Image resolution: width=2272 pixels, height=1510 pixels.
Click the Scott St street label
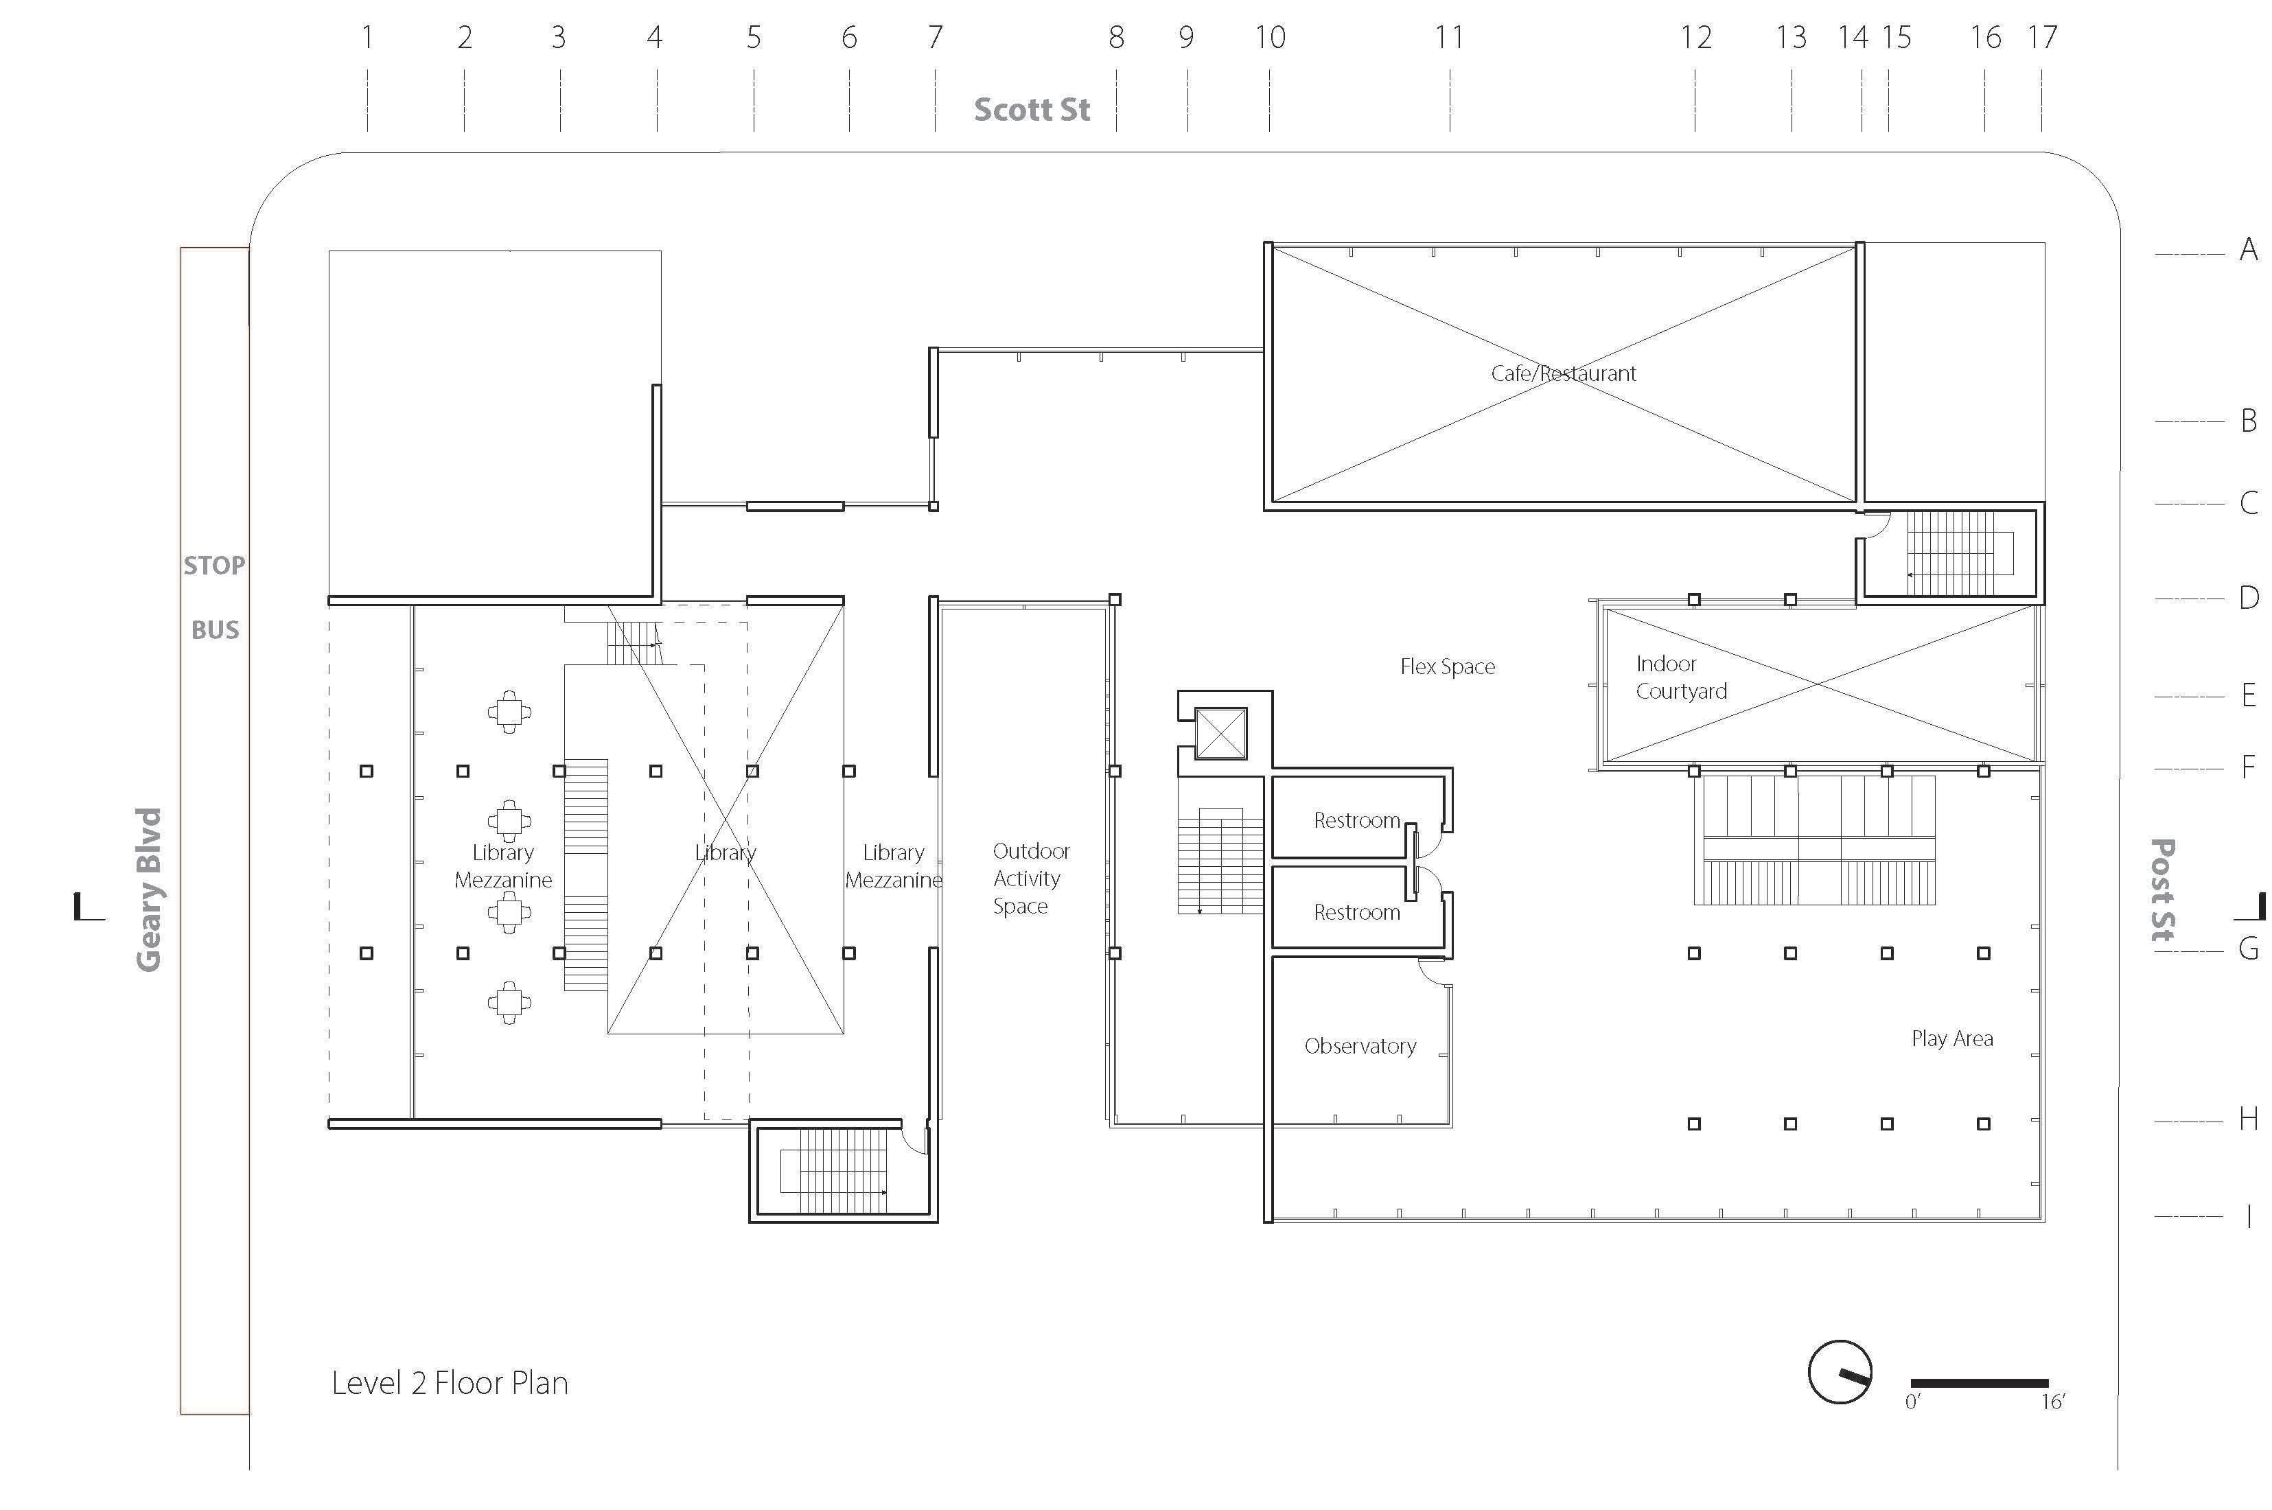pyautogui.click(x=1032, y=110)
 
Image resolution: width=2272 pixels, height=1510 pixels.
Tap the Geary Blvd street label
pyautogui.click(x=148, y=889)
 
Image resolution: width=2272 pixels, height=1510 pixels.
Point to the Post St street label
pyautogui.click(x=2163, y=889)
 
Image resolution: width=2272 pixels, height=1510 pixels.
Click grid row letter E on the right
pyautogui.click(x=2248, y=695)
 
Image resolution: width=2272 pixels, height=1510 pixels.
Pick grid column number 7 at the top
pyautogui.click(x=934, y=38)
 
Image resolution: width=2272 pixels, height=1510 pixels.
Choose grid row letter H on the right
pyautogui.click(x=2248, y=1119)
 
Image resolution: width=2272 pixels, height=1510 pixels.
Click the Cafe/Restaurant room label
pyautogui.click(x=1562, y=373)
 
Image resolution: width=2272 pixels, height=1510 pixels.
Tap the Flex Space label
pyautogui.click(x=1447, y=666)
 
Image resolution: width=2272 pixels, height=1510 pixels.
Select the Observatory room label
pyautogui.click(x=1360, y=1046)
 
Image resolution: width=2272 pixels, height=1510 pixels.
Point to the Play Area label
pyautogui.click(x=1951, y=1038)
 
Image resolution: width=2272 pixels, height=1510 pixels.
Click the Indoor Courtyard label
pyautogui.click(x=1680, y=677)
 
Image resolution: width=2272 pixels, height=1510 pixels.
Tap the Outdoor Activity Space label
pyautogui.click(x=1029, y=879)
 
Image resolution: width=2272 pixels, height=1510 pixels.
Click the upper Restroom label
pyautogui.click(x=1356, y=820)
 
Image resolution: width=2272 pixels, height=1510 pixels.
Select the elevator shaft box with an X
pyautogui.click(x=1220, y=734)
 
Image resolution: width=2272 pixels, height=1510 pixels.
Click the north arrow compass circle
pyautogui.click(x=1840, y=1371)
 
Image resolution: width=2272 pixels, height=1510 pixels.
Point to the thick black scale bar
pyautogui.click(x=1979, y=1383)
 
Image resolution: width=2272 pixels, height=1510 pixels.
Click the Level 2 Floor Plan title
pyautogui.click(x=450, y=1383)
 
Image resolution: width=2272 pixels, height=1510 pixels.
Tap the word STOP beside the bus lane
pyautogui.click(x=213, y=566)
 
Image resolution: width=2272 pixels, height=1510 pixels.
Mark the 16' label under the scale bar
pyautogui.click(x=2052, y=1402)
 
